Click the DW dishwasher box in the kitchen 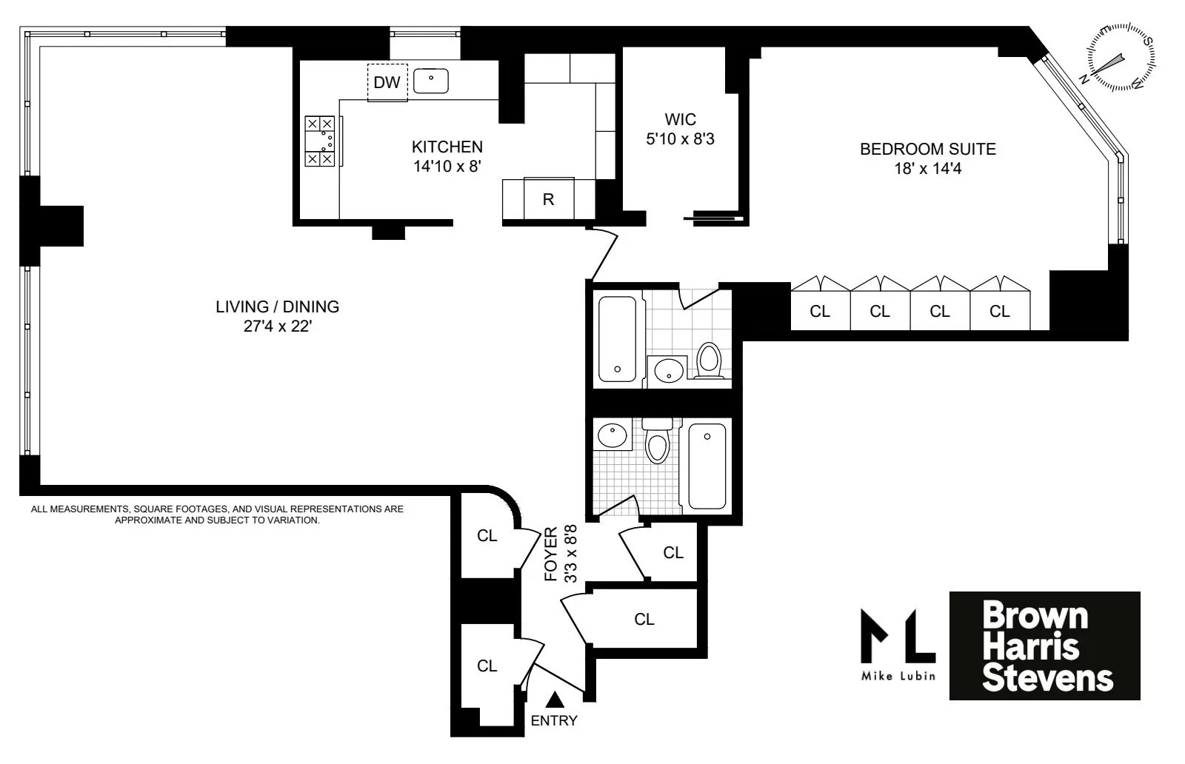(x=387, y=82)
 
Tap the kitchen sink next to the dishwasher (x=431, y=81)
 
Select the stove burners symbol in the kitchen (x=320, y=141)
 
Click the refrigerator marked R (x=548, y=198)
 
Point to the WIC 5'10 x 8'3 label (x=680, y=129)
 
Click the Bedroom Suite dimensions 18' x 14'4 (x=927, y=169)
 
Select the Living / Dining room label (x=277, y=306)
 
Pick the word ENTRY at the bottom (x=554, y=720)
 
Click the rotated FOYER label (x=551, y=554)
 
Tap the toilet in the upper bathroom (x=710, y=361)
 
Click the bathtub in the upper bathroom (x=616, y=338)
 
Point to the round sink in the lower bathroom (x=612, y=436)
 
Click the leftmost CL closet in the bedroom (x=820, y=312)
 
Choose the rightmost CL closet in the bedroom (x=1000, y=312)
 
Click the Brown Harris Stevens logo (x=1044, y=646)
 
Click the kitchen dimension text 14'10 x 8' (x=447, y=167)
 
